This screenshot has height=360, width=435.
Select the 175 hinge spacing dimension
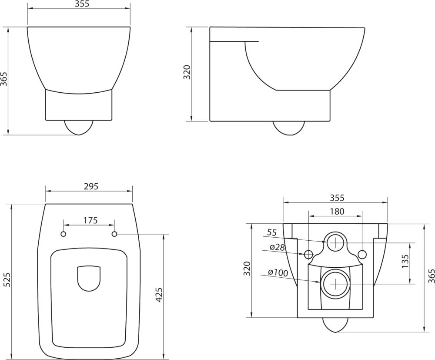90,220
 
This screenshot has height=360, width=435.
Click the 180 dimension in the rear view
337,211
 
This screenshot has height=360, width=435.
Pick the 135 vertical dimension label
405,261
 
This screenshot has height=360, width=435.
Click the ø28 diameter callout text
277,247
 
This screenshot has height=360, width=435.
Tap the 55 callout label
272,232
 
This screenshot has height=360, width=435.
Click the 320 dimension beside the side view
187,72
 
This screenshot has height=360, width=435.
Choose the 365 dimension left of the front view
4,79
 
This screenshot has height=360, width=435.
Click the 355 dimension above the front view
79,4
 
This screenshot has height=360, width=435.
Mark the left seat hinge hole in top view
64,234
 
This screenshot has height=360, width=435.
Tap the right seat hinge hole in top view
115,234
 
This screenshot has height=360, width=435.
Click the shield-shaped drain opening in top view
89,278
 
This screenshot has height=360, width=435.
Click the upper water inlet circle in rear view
335,242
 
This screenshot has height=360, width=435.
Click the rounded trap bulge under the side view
288,128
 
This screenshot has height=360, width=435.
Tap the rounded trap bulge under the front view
79,127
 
